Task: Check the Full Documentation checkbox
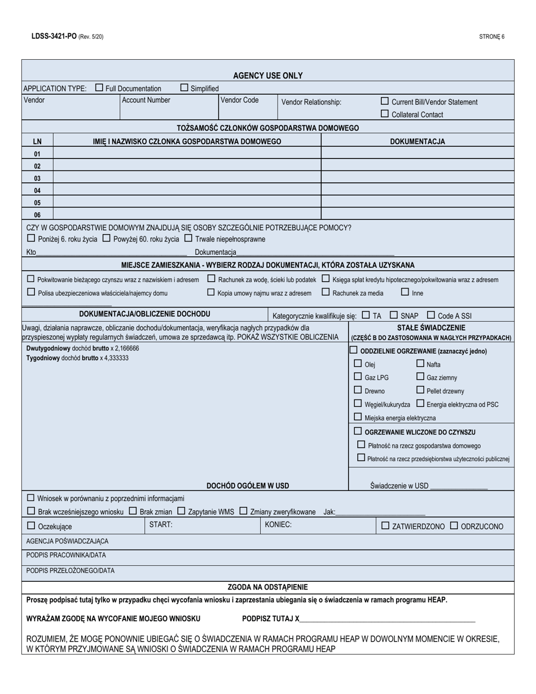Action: click(x=99, y=87)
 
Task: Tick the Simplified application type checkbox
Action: click(x=184, y=87)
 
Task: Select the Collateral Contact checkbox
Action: click(x=385, y=114)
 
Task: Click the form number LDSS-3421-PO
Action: click(x=54, y=36)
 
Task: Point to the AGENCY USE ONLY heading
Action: click(x=268, y=76)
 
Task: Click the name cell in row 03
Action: click(x=187, y=178)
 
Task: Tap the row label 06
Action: click(x=37, y=214)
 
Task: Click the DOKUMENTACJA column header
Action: click(x=418, y=142)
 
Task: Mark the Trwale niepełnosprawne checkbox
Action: click(x=188, y=238)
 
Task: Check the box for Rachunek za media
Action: click(x=326, y=292)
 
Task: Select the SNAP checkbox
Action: click(x=394, y=315)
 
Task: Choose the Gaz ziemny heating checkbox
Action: click(x=420, y=376)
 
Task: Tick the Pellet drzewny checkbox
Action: click(x=420, y=390)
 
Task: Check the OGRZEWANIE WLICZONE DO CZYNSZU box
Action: click(x=358, y=431)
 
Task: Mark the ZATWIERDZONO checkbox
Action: click(x=385, y=525)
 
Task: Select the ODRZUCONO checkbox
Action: click(x=454, y=525)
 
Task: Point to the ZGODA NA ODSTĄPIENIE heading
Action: click(x=268, y=587)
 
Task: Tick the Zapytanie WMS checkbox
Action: click(x=181, y=511)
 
